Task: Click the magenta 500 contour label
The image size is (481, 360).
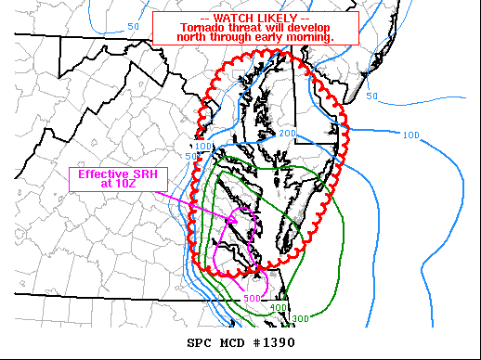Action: coord(252,298)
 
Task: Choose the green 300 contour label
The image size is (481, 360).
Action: coord(300,319)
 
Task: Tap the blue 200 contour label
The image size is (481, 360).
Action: coord(287,135)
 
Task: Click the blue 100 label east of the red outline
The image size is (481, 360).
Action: coord(411,135)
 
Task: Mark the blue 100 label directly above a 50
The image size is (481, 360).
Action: coord(203,147)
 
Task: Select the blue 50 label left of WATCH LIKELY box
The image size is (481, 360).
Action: coord(134,26)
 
